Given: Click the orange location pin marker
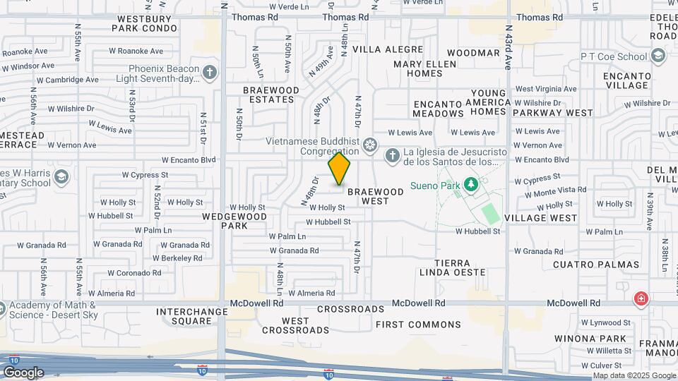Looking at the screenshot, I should coord(339,169).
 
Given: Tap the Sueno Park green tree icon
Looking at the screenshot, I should coord(471,185).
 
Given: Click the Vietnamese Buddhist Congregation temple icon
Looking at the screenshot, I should coord(369,146).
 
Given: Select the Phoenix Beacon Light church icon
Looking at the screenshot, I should coord(210,73).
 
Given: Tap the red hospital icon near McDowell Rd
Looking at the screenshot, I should coord(641,298).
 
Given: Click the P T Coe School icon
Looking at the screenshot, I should coord(658,56).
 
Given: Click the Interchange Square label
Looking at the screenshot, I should coord(184,315).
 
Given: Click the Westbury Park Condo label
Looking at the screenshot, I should coord(144,23).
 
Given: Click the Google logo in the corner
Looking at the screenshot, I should coord(23,373).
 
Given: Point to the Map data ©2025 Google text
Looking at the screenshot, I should coord(635,375).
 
